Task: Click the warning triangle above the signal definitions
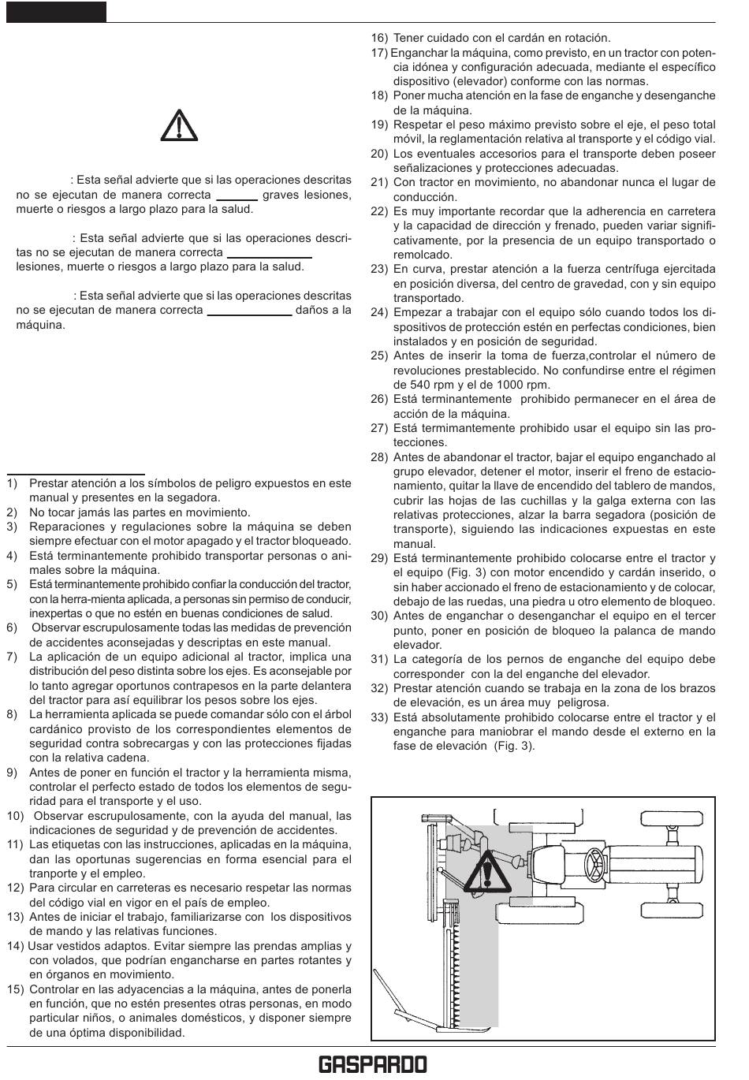pos(179,125)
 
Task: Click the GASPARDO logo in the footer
pos(373,1065)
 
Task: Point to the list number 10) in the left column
pos(17,816)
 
